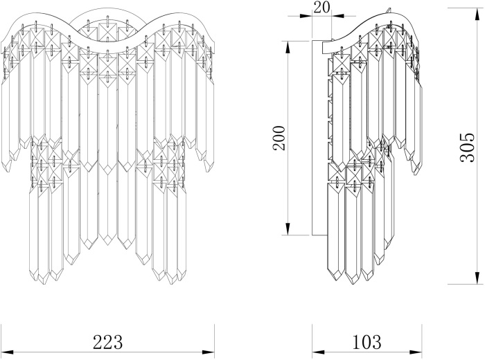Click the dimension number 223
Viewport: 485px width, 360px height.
(x=108, y=342)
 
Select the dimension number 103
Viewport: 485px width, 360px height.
(x=367, y=342)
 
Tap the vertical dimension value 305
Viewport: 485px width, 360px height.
(x=467, y=147)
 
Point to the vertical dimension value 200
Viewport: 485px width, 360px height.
(x=279, y=138)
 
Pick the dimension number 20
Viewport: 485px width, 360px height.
(x=321, y=7)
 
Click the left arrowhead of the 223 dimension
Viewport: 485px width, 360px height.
(x=7, y=352)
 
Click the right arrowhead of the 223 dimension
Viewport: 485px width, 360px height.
(x=208, y=352)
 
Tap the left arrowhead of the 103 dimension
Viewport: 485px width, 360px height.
(x=318, y=352)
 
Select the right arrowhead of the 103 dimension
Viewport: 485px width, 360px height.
(x=416, y=352)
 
